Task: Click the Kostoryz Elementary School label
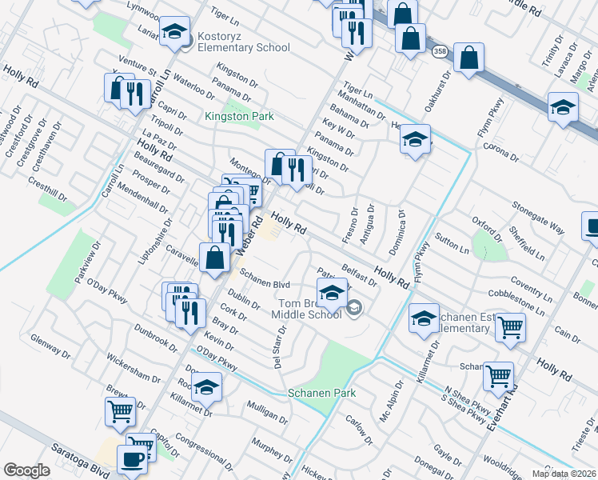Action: (240, 48)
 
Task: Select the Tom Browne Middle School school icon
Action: (333, 293)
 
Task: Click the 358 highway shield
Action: (439, 51)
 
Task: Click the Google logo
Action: (26, 470)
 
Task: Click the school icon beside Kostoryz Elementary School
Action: (174, 32)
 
